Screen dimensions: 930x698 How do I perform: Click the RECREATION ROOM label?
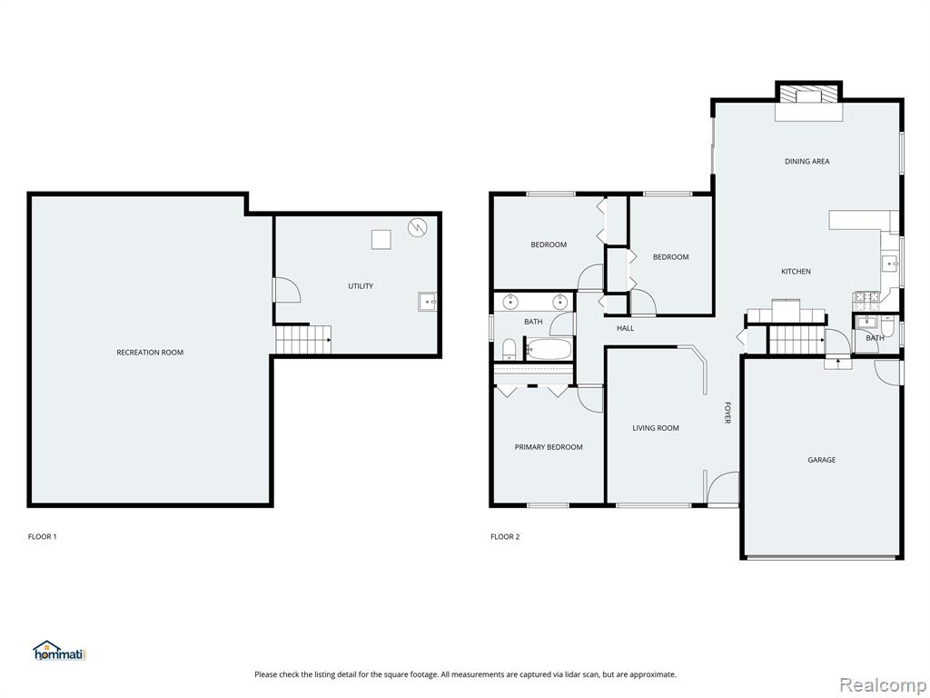point(150,353)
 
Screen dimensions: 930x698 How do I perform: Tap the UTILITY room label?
point(361,286)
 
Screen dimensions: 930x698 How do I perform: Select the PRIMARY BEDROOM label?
point(549,447)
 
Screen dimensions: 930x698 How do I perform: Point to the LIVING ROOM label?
point(656,428)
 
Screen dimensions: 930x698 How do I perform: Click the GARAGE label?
point(821,459)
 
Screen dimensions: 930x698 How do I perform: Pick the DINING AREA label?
point(807,162)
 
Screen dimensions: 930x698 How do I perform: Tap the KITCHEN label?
point(796,271)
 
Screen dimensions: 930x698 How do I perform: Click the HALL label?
point(625,327)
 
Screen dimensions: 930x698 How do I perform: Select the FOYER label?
point(727,414)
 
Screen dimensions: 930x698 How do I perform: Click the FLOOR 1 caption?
point(42,536)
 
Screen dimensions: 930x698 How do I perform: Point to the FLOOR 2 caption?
point(505,536)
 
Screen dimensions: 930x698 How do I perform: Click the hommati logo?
point(59,651)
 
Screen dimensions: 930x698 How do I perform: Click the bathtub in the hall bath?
point(549,349)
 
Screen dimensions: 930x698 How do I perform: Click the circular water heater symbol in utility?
point(417,226)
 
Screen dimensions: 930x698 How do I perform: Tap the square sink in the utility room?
point(427,302)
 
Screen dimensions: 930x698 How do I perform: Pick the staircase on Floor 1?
point(303,340)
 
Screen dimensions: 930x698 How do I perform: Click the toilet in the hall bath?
point(510,350)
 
